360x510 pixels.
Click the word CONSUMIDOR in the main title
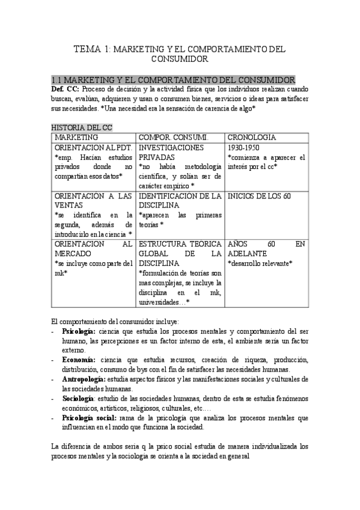click(x=180, y=60)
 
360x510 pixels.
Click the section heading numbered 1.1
click(x=174, y=80)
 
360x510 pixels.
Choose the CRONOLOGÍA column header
click(x=252, y=137)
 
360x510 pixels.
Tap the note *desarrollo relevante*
click(x=260, y=263)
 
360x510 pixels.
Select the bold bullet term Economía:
click(x=78, y=359)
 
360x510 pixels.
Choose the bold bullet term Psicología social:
click(x=89, y=417)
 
